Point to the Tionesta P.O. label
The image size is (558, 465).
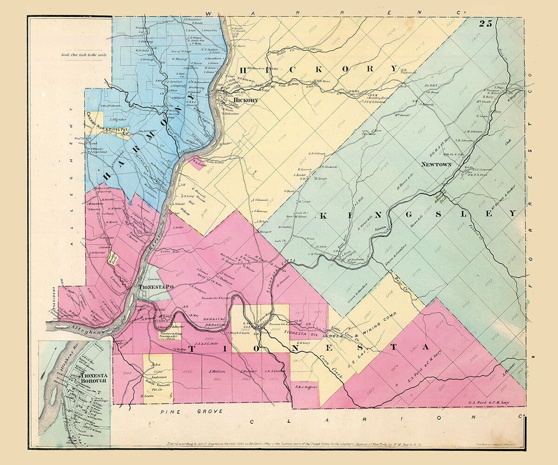click(x=156, y=287)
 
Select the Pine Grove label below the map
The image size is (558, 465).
click(x=191, y=412)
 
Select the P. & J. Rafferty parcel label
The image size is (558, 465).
click(x=306, y=387)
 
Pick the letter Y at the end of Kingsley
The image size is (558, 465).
click(x=512, y=213)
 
